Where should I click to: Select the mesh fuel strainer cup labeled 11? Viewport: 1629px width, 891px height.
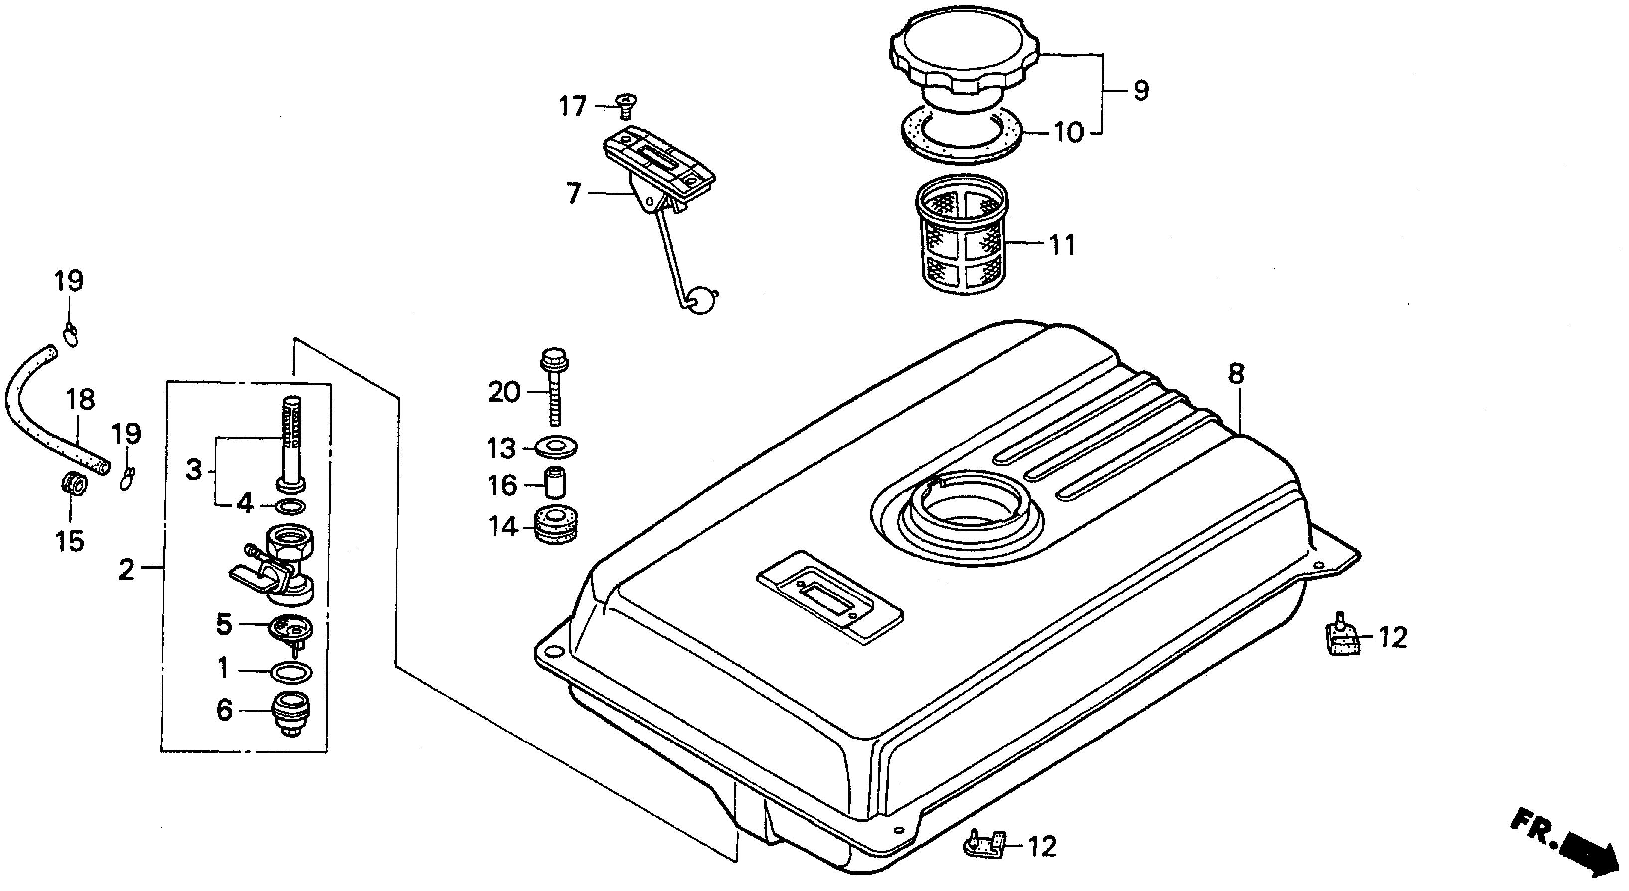point(961,237)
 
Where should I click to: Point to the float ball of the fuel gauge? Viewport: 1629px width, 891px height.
point(701,299)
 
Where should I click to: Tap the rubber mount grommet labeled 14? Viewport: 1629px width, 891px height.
point(556,525)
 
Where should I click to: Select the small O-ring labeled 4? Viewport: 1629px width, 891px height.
point(292,506)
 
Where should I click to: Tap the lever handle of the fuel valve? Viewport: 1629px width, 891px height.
point(250,574)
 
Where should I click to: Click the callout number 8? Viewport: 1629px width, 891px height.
point(1236,374)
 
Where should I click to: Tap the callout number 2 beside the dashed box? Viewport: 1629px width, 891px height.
point(127,570)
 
